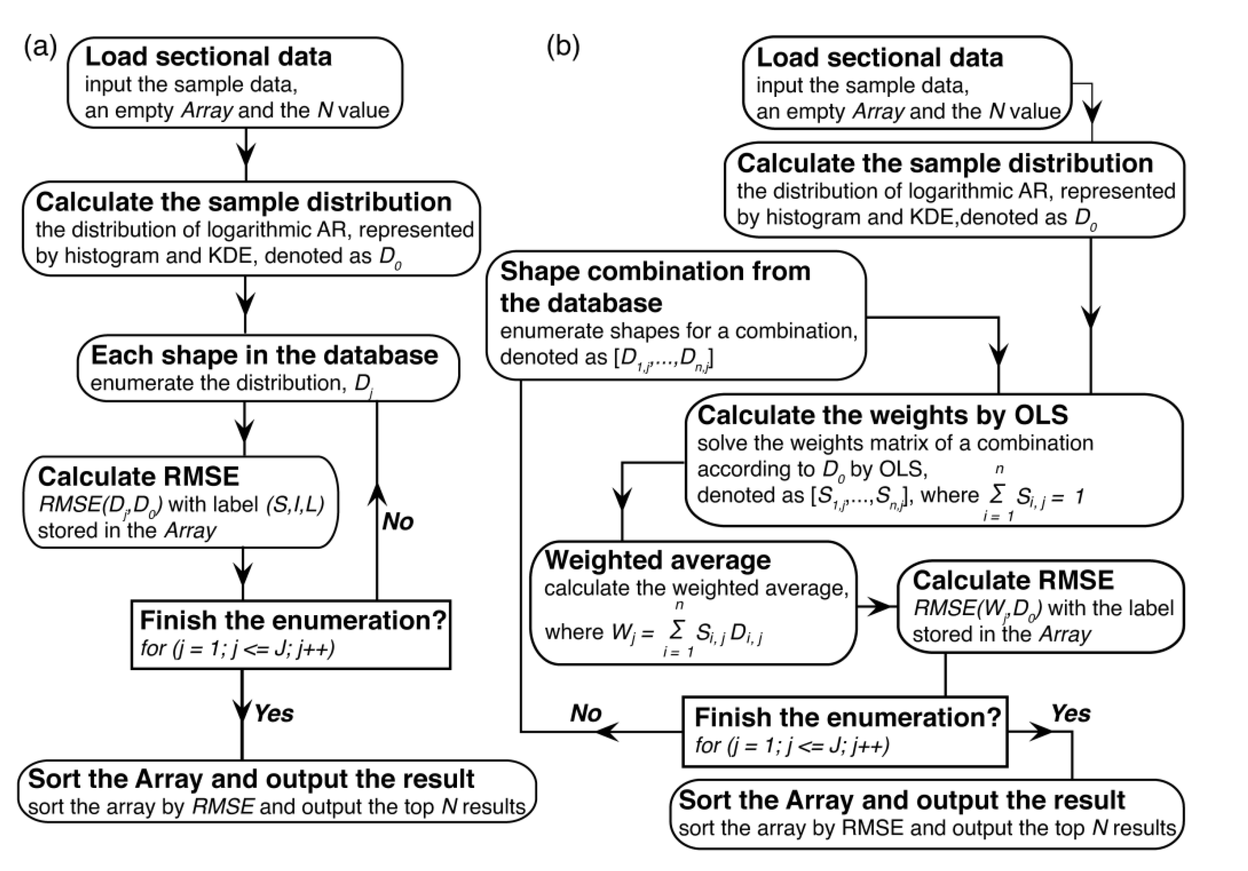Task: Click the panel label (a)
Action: coord(40,47)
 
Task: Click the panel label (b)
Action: coord(563,47)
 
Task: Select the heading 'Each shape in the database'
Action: coord(264,355)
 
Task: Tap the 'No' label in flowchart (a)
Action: coord(397,522)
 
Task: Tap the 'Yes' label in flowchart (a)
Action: coord(274,713)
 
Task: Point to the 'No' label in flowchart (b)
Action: coord(585,713)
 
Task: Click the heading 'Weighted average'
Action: coord(657,560)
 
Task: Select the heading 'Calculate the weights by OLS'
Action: coord(882,415)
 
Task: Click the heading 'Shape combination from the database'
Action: coord(655,287)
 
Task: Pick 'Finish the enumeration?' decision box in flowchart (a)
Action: coord(291,634)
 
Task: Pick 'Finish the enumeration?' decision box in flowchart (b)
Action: coord(845,731)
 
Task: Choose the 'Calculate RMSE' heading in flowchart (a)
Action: coord(138,477)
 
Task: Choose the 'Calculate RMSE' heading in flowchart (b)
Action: coord(1013,580)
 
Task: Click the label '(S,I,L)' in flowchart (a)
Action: coord(295,505)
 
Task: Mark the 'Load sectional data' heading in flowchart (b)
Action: coord(880,57)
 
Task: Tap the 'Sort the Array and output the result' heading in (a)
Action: coord(251,779)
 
